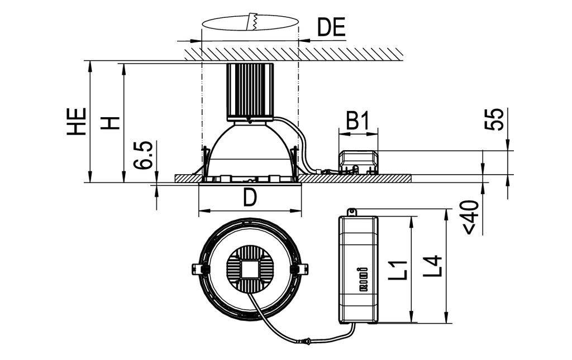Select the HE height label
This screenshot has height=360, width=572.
click(x=77, y=122)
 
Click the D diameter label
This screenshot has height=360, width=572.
click(x=250, y=198)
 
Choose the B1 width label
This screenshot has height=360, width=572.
click(x=357, y=121)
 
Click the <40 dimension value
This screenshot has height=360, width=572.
click(x=471, y=217)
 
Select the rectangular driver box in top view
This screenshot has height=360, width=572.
click(x=358, y=269)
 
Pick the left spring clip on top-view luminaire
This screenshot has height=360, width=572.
click(x=197, y=268)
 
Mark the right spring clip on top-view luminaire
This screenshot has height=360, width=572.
click(x=302, y=268)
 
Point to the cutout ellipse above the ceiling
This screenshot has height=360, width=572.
click(x=250, y=25)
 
